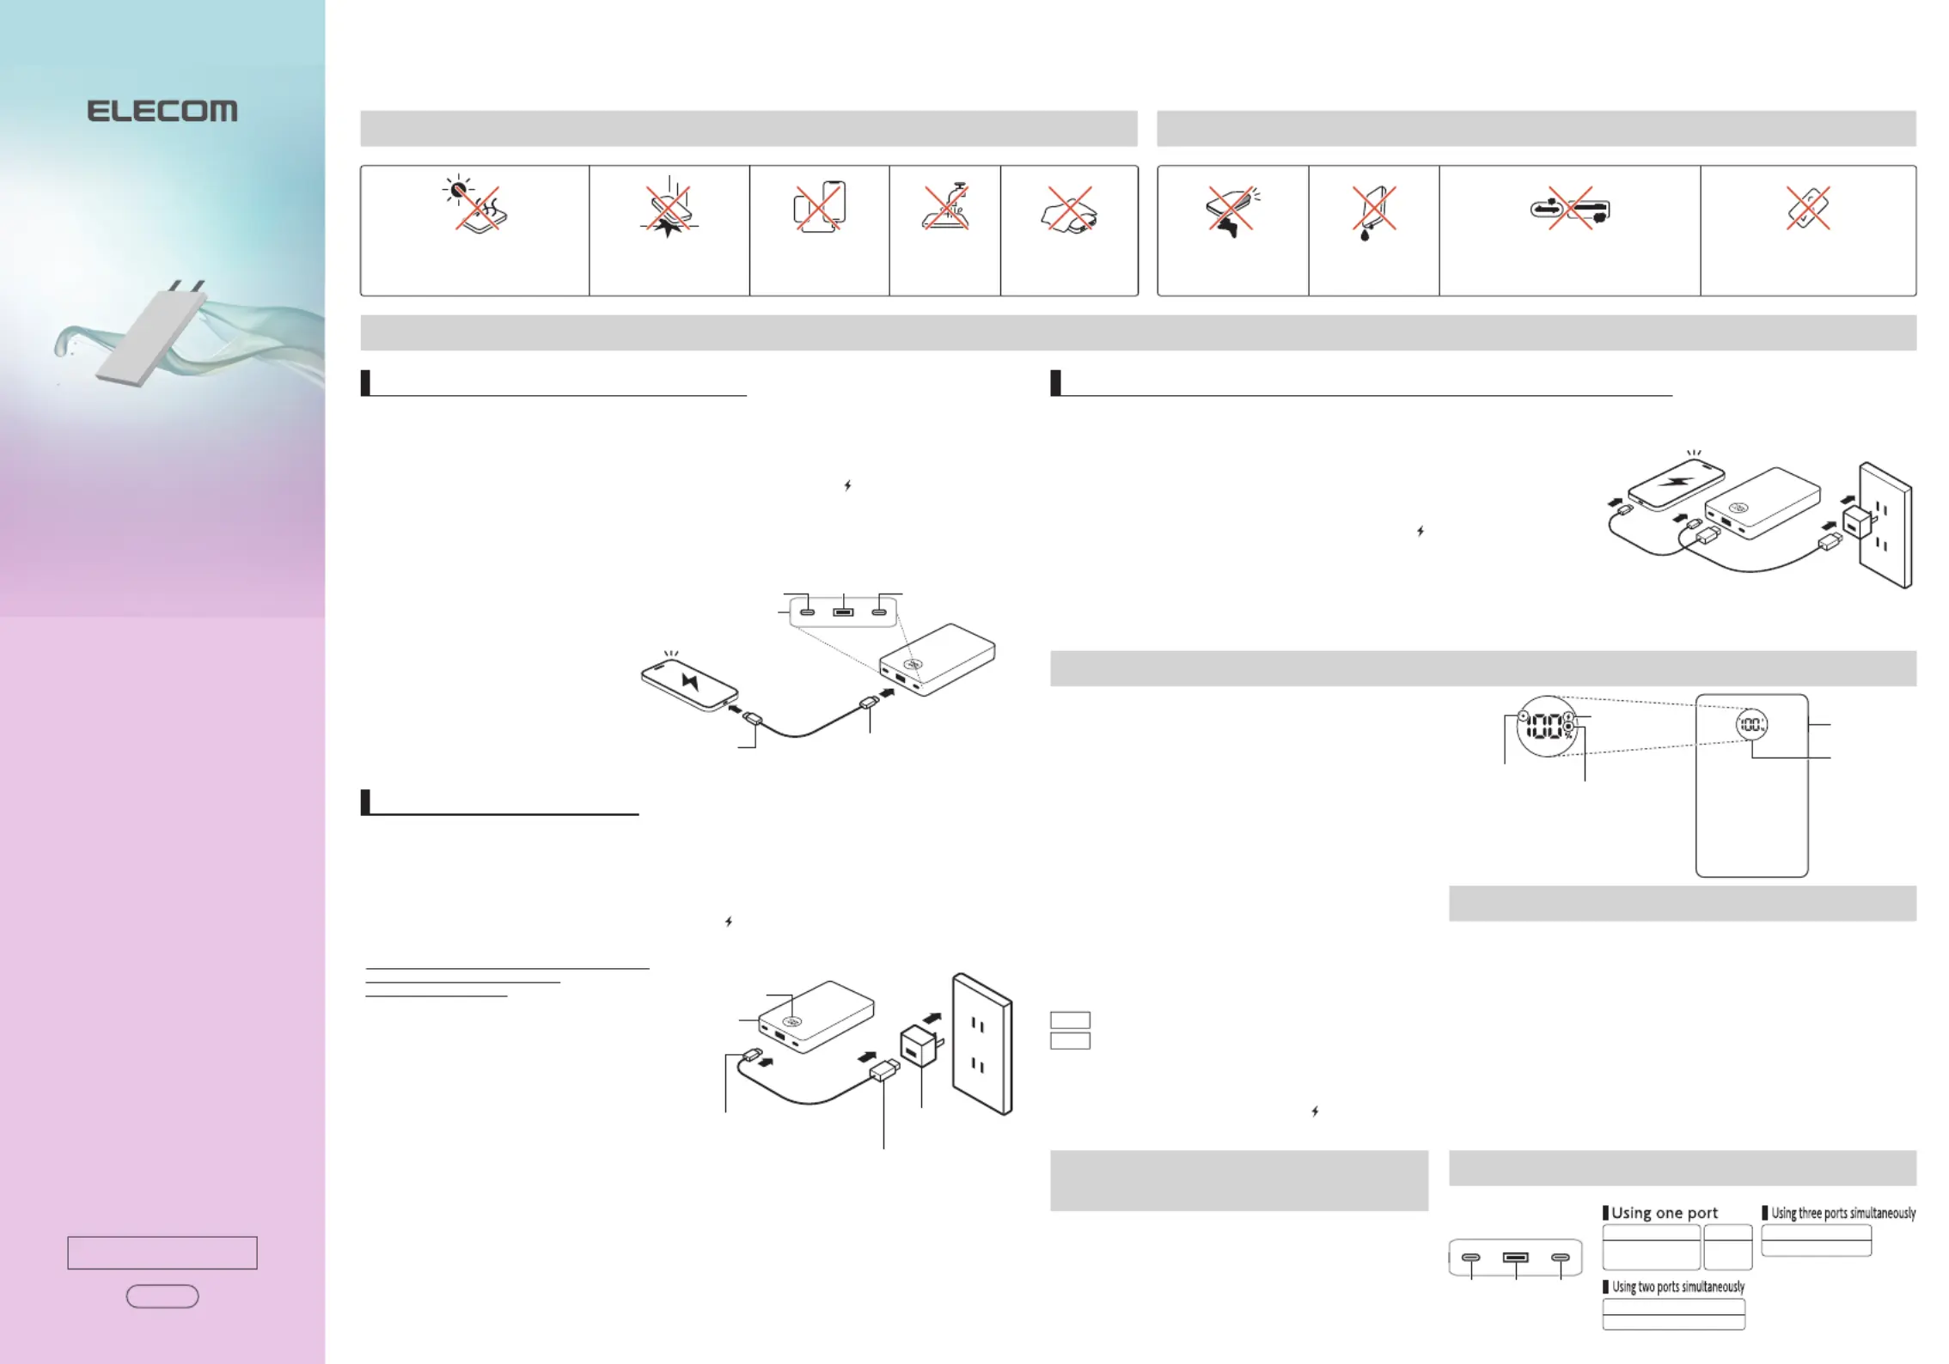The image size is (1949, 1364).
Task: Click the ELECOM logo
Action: pyautogui.click(x=162, y=111)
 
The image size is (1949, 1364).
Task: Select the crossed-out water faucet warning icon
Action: pyautogui.click(x=945, y=208)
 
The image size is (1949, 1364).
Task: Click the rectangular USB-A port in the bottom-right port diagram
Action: pyautogui.click(x=1515, y=1257)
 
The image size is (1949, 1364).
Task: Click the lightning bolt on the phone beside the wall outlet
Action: pyautogui.click(x=1676, y=480)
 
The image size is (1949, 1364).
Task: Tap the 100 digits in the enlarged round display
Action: pyautogui.click(x=1544, y=727)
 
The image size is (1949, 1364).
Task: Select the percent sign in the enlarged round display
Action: pyautogui.click(x=1568, y=735)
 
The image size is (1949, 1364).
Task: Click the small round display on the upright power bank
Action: pyautogui.click(x=1751, y=725)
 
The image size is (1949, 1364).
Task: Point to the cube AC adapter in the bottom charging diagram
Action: pyautogui.click(x=920, y=1044)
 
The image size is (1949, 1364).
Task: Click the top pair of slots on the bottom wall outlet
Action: pyautogui.click(x=978, y=1026)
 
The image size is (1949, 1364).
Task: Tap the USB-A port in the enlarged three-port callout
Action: pyautogui.click(x=843, y=612)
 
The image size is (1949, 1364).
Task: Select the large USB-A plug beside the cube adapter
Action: pyautogui.click(x=884, y=1070)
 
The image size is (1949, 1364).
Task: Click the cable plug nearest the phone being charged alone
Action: pyautogui.click(x=752, y=718)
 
